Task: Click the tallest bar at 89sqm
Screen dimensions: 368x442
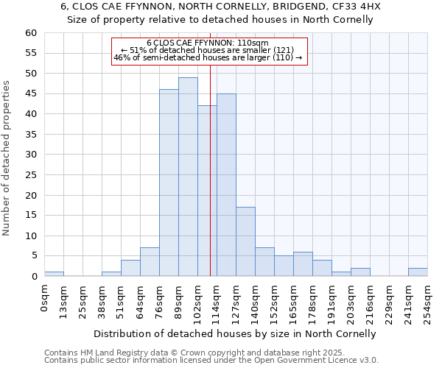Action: [x=188, y=177]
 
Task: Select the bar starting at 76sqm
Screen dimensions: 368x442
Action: [x=169, y=183]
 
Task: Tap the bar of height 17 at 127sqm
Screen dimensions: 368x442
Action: [x=245, y=241]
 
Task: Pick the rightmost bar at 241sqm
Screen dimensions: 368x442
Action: [x=418, y=272]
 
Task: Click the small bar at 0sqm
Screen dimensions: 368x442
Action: [x=54, y=274]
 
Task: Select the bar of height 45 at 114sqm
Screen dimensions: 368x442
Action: [x=226, y=185]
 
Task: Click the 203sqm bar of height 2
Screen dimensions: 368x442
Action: [x=360, y=272]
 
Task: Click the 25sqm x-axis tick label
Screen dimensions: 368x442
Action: [x=83, y=300]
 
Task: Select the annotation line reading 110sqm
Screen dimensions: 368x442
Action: [x=208, y=43]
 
